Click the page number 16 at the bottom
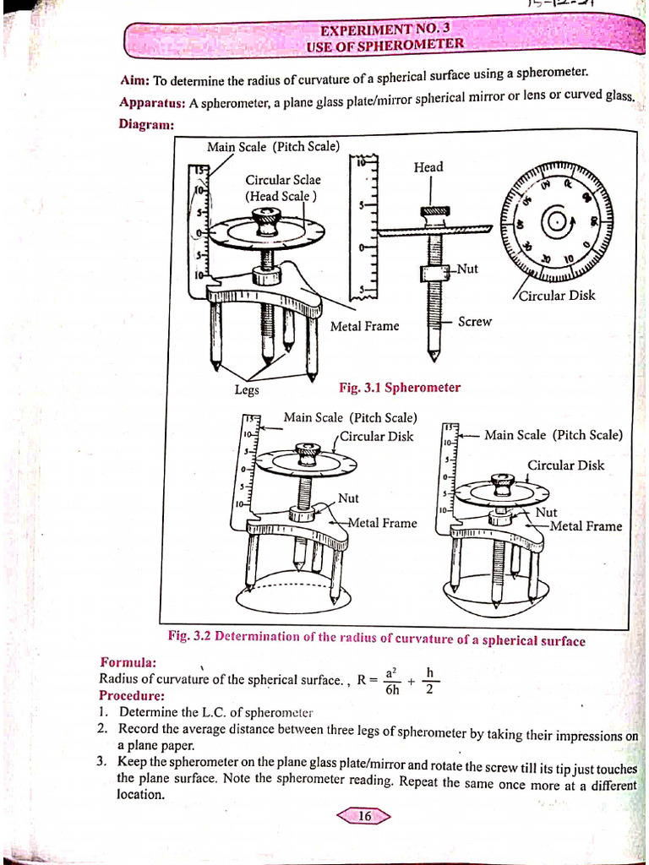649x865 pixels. pyautogui.click(x=365, y=816)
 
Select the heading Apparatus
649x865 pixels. pyautogui.click(x=152, y=103)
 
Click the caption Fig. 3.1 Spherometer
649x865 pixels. pyautogui.click(x=400, y=388)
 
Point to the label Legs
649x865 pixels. pyautogui.click(x=247, y=390)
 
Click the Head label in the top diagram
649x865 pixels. pyautogui.click(x=428, y=167)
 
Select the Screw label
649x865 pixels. pyautogui.click(x=474, y=322)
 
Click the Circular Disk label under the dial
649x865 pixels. pyautogui.click(x=557, y=296)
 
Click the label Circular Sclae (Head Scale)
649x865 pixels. pyautogui.click(x=282, y=188)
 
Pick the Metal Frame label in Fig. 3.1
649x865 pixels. pyautogui.click(x=364, y=326)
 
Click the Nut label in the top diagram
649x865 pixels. pyautogui.click(x=467, y=269)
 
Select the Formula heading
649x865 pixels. pyautogui.click(x=128, y=661)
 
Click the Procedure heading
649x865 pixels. pyautogui.click(x=131, y=695)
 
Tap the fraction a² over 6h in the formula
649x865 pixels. pyautogui.click(x=391, y=680)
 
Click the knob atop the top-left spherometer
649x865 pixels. pyautogui.click(x=268, y=220)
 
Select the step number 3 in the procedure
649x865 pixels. pyautogui.click(x=101, y=761)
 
